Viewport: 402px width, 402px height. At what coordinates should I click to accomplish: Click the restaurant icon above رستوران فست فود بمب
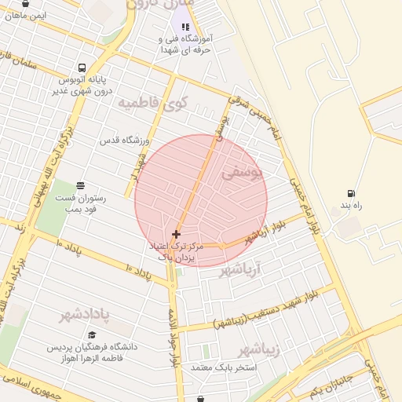pos(80,186)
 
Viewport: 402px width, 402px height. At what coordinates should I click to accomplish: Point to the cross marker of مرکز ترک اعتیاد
pos(176,234)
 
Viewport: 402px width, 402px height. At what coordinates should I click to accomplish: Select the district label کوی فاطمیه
pos(153,102)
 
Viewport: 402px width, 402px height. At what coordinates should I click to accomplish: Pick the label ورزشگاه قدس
pos(124,141)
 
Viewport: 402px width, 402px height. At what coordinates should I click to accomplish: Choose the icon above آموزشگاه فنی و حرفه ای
pos(185,27)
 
